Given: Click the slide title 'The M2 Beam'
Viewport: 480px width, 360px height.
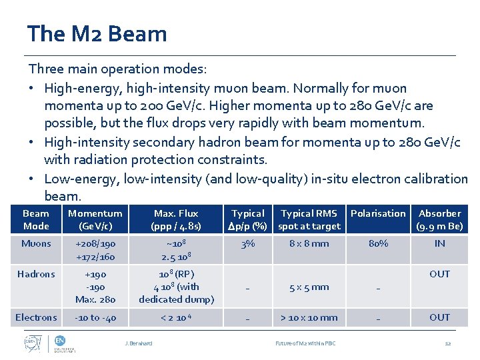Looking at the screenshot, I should coord(97,33).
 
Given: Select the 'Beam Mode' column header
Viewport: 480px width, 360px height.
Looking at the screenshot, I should coord(36,219).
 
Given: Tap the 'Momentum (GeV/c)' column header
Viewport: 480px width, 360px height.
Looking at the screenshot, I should coord(95,219).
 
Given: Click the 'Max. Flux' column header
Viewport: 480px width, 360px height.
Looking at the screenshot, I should coord(176,219).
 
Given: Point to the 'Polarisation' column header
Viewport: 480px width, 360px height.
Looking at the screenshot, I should coord(378,213).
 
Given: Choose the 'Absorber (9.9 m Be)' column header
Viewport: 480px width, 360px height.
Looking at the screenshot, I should coord(439,219).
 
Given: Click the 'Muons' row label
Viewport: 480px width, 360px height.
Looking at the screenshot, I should coord(36,243).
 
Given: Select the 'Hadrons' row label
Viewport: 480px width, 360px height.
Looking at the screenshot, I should coord(36,274).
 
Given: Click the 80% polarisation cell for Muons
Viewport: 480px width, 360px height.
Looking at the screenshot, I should coord(378,243).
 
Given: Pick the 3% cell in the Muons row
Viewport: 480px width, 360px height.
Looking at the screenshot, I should coord(248,243).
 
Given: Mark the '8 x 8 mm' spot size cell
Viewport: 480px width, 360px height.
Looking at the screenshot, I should coord(309,243).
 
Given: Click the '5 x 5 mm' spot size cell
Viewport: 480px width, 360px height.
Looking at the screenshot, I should coord(309,287).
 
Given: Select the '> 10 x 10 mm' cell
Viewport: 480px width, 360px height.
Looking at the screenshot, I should coord(309,317).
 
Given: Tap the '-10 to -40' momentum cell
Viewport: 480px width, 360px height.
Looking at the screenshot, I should coord(95,317).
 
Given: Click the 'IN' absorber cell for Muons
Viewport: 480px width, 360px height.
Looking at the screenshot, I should coord(439,243).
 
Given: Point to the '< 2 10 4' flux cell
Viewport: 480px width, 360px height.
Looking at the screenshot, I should coord(176,317).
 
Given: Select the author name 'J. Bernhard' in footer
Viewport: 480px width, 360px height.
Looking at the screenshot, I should coord(139,343).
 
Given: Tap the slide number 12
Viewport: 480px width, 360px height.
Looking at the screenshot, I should coord(448,343).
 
